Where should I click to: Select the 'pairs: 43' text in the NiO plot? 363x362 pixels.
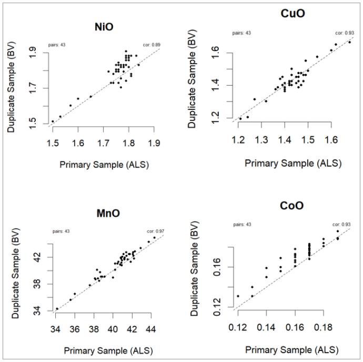click(x=57, y=44)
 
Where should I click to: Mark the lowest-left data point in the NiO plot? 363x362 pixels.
click(x=53, y=121)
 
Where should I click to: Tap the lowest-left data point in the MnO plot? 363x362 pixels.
click(x=57, y=309)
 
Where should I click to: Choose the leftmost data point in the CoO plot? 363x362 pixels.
click(x=238, y=296)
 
